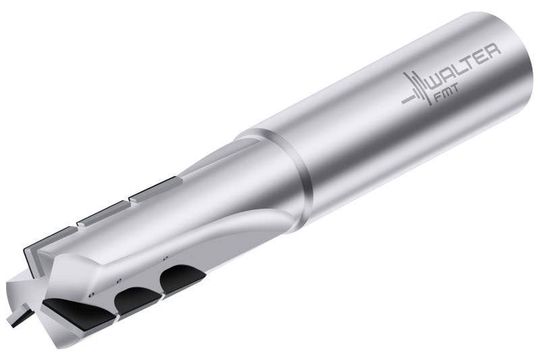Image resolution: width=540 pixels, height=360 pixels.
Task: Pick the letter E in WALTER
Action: pyautogui.click(x=482, y=57)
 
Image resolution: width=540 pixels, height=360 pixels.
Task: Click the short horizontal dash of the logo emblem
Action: pyautogui.click(x=409, y=100)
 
